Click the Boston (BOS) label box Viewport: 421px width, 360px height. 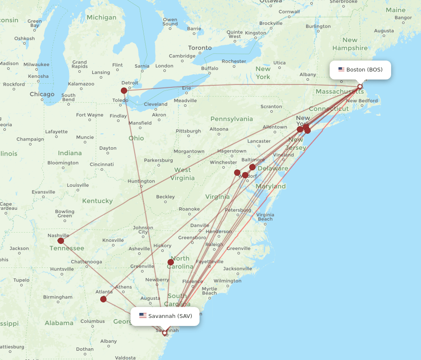pyautogui.click(x=360, y=70)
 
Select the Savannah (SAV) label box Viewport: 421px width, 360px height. pyautogui.click(x=165, y=316)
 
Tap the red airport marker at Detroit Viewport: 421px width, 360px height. pyautogui.click(x=124, y=90)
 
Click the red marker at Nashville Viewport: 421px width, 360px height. pyautogui.click(x=61, y=241)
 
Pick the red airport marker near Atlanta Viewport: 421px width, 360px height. pyautogui.click(x=103, y=299)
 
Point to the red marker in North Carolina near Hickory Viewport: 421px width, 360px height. pyautogui.click(x=171, y=262)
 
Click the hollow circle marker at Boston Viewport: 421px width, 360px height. pyautogui.click(x=360, y=86)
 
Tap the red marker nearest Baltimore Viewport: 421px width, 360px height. pyautogui.click(x=252, y=167)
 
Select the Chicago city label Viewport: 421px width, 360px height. pyautogui.click(x=42, y=94)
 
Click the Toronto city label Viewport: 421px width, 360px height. pyautogui.click(x=200, y=48)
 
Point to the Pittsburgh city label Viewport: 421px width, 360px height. pyautogui.click(x=188, y=131)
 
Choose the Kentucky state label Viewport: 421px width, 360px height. pyautogui.click(x=97, y=201)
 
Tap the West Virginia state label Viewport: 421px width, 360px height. pyautogui.click(x=182, y=174)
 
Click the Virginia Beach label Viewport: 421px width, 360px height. pyautogui.click(x=265, y=217)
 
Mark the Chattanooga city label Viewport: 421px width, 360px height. pyautogui.click(x=86, y=262)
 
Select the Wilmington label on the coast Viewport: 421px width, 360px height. pyautogui.click(x=227, y=281)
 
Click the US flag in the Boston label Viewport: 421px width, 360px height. pyautogui.click(x=341, y=69)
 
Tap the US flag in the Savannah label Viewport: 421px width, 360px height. pyautogui.click(x=143, y=316)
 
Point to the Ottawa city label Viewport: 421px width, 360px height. pyautogui.click(x=271, y=1)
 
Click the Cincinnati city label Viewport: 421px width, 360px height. pyautogui.click(x=101, y=164)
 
